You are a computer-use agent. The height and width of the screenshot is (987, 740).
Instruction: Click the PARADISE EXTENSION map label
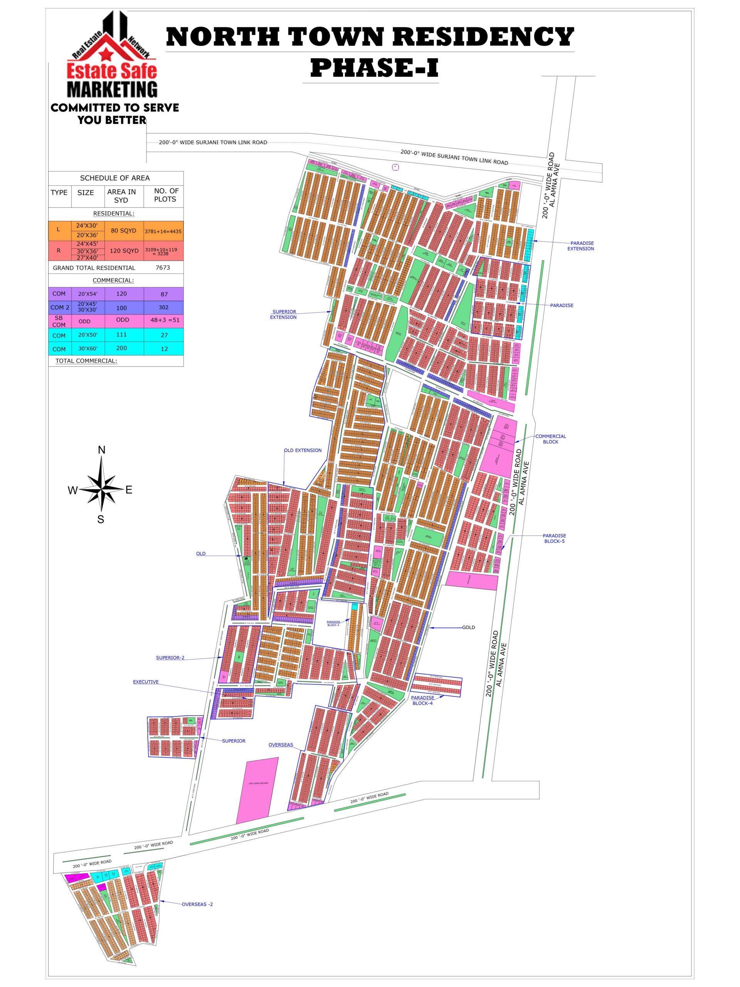[x=580, y=246]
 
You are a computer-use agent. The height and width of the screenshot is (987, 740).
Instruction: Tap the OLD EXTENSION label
[x=303, y=450]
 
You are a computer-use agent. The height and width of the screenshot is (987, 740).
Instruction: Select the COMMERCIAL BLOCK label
[x=550, y=439]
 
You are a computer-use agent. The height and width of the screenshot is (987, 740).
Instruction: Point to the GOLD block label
[x=468, y=627]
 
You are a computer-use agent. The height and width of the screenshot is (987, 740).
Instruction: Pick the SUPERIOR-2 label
[x=170, y=657]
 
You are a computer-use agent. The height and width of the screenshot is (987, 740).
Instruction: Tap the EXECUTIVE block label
[x=145, y=682]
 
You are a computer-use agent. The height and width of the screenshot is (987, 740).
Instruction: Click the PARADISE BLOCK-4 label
[x=422, y=700]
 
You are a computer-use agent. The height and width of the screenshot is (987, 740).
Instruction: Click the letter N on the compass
[x=102, y=450]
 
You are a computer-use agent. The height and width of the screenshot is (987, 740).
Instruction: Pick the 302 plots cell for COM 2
[x=164, y=307]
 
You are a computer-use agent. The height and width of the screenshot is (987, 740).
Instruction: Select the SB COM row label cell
[x=59, y=321]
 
